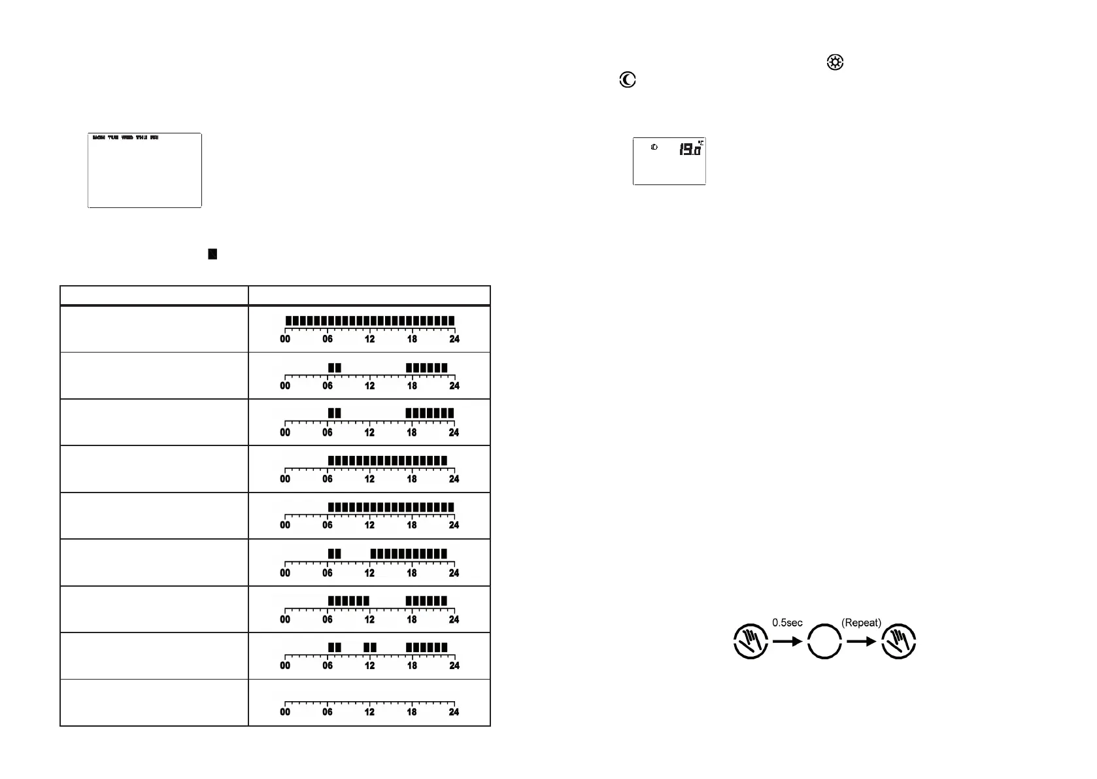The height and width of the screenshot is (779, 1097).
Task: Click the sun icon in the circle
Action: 835,63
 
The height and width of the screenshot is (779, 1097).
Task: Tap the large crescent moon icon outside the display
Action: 628,80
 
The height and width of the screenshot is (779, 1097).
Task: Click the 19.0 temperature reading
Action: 689,150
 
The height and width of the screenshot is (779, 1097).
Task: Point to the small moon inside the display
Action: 654,147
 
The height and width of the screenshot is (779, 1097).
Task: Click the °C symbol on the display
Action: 700,142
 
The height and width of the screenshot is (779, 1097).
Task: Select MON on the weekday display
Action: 99,138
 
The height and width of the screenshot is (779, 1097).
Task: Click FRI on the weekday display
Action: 154,138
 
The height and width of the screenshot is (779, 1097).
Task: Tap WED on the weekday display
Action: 127,138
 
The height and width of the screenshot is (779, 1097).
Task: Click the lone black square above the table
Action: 212,254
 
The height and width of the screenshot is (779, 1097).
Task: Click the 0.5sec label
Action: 787,623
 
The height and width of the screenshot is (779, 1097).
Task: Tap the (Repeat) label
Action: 861,623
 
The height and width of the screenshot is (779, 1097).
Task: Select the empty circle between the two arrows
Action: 824,641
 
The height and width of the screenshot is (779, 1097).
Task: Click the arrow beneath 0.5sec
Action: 787,642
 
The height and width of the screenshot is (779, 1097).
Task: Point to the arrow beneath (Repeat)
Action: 861,642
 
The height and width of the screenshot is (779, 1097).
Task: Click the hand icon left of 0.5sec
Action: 751,641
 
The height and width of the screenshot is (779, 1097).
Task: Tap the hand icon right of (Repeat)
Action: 898,641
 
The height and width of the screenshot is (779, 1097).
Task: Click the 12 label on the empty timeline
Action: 369,712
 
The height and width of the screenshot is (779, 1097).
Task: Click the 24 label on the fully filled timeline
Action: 454,339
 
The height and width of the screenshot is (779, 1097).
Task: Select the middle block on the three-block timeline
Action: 370,648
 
